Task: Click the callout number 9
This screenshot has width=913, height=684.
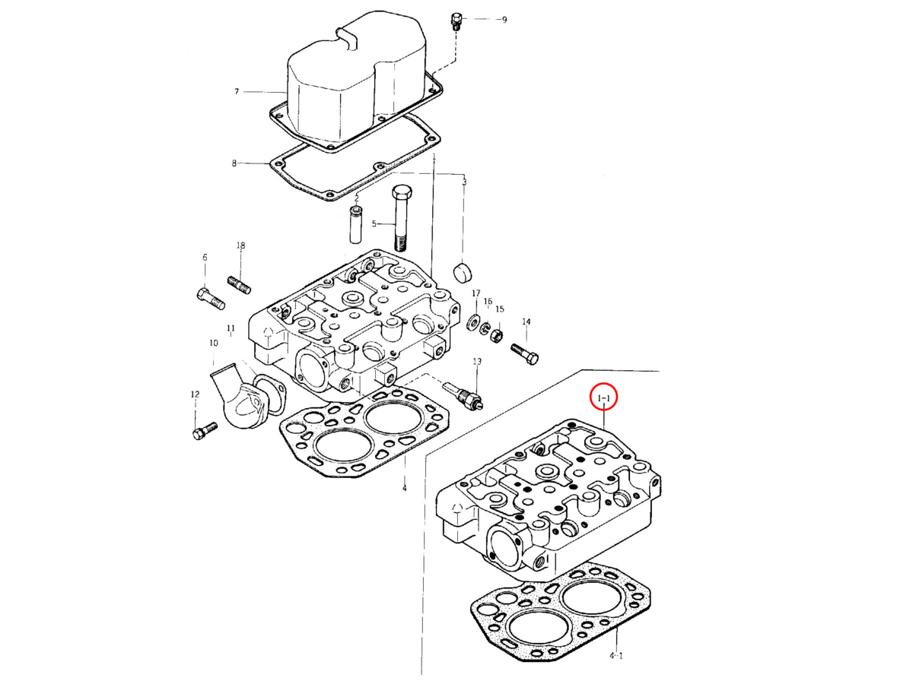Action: pyautogui.click(x=504, y=20)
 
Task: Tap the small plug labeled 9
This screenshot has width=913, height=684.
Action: pyautogui.click(x=456, y=21)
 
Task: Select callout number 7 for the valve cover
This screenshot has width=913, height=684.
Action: pyautogui.click(x=237, y=92)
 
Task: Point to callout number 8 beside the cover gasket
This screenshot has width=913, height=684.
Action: pyautogui.click(x=234, y=163)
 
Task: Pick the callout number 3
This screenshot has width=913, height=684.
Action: pyautogui.click(x=464, y=182)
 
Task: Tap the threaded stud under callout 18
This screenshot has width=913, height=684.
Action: pyautogui.click(x=239, y=285)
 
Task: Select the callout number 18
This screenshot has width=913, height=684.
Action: pyautogui.click(x=240, y=245)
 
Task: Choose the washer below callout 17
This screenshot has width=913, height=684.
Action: pyautogui.click(x=472, y=323)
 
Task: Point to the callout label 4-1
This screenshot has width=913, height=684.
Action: pyautogui.click(x=616, y=654)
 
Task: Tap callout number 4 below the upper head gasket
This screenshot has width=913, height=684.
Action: pyautogui.click(x=404, y=489)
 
